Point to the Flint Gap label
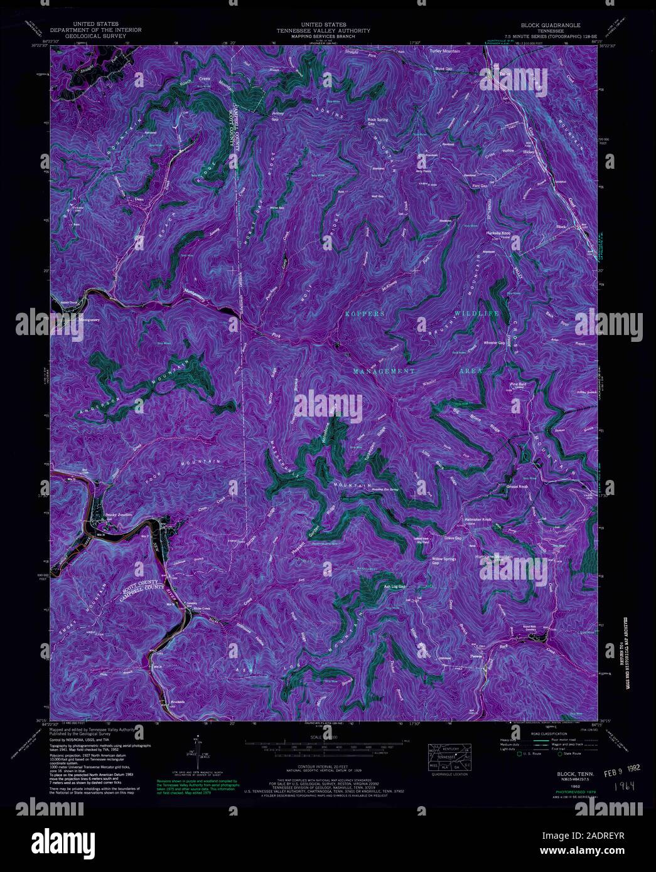480,186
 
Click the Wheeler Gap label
495,343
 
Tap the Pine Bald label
518,383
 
